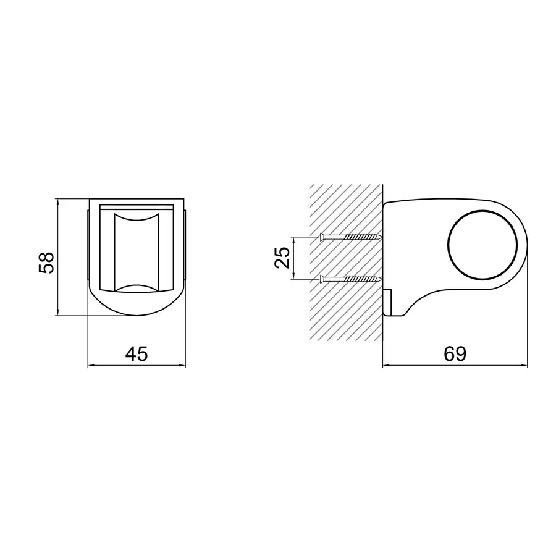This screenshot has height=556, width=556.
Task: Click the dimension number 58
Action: point(46,263)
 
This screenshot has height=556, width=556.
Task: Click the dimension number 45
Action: point(137,353)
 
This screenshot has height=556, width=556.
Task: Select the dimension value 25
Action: point(282,258)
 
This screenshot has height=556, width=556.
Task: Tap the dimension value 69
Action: point(455,353)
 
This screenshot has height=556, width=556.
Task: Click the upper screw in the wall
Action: point(351,237)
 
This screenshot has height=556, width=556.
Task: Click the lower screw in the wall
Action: point(351,279)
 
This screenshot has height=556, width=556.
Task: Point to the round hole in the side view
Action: point(482,245)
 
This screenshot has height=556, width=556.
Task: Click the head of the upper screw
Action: point(322,237)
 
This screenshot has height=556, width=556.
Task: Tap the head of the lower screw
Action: point(322,279)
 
